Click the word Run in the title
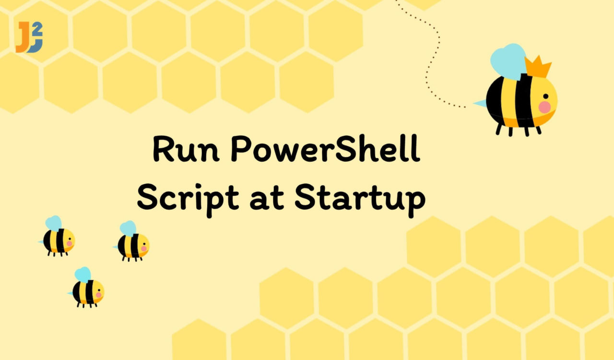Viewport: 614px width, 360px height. pyautogui.click(x=186, y=149)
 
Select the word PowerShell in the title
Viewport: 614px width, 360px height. pyautogui.click(x=325, y=148)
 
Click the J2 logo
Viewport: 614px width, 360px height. pyautogui.click(x=29, y=37)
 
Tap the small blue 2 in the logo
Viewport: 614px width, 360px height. pyautogui.click(x=38, y=28)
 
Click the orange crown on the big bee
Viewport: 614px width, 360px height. pyautogui.click(x=538, y=67)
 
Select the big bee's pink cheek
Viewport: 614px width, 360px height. pyautogui.click(x=544, y=107)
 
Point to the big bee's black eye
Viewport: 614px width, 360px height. pyautogui.click(x=546, y=96)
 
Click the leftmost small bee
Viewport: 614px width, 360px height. pyautogui.click(x=57, y=236)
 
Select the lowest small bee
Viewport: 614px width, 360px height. pyautogui.click(x=86, y=288)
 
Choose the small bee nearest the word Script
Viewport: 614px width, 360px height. pyautogui.click(x=131, y=241)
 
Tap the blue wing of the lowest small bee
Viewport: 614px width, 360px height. pyautogui.click(x=83, y=275)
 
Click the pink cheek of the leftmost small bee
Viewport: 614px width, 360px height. pyautogui.click(x=70, y=243)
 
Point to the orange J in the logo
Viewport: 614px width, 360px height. pyautogui.click(x=23, y=37)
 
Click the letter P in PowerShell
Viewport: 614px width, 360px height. pyautogui.click(x=240, y=148)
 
